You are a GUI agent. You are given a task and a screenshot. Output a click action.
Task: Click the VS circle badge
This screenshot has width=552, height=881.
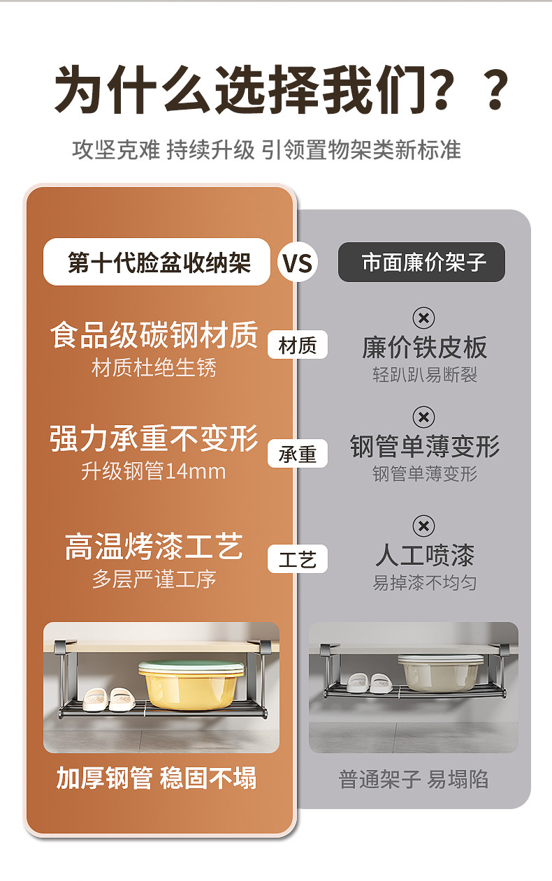(297, 263)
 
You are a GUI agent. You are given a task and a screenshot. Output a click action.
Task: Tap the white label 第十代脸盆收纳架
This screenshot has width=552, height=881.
(157, 262)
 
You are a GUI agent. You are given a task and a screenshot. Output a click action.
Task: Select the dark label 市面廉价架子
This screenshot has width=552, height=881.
(421, 262)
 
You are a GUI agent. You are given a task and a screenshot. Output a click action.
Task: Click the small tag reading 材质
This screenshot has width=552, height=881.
(298, 345)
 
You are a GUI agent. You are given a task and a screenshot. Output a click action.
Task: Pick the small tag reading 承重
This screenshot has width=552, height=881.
(298, 454)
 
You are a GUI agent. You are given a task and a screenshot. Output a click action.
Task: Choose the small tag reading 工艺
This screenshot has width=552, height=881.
(298, 559)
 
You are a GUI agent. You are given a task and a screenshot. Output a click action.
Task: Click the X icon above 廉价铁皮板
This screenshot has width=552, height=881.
(423, 318)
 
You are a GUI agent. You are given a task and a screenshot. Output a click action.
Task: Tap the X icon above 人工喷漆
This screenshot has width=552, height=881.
(423, 526)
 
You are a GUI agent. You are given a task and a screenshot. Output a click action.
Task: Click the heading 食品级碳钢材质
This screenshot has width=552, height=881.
(154, 335)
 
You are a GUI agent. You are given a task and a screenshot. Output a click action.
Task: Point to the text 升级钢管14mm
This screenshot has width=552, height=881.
(154, 471)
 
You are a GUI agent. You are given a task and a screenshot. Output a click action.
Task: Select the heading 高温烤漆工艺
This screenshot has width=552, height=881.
(154, 547)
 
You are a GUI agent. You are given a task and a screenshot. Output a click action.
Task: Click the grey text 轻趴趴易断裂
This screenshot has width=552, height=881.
(424, 375)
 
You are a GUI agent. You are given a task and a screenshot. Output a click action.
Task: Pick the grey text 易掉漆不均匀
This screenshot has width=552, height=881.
(424, 582)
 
